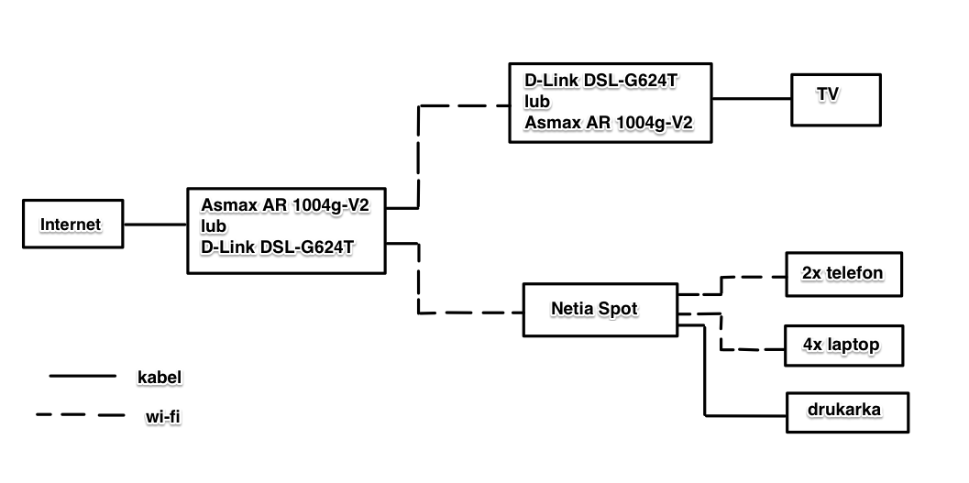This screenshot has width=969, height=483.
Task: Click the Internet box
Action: (x=72, y=225)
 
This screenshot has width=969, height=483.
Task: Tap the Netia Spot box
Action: (x=600, y=310)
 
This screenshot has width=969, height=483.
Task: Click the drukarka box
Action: (x=847, y=411)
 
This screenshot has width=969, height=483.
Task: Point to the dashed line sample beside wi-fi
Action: (x=81, y=415)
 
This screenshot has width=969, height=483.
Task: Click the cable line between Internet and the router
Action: (x=155, y=225)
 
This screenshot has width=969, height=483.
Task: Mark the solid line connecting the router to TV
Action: (x=753, y=98)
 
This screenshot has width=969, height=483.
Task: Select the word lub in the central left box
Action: (x=215, y=225)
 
